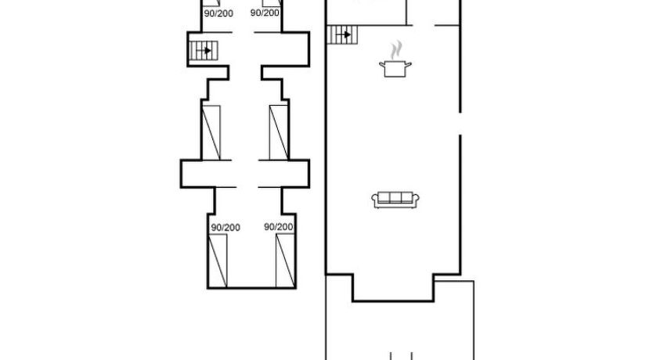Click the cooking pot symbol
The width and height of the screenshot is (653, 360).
pos(395,69)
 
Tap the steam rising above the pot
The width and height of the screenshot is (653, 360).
pos(397,50)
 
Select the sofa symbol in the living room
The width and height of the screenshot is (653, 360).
pos(395,200)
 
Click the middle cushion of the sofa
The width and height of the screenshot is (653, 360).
pos(395,198)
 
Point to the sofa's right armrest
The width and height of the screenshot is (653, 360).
pos(416,200)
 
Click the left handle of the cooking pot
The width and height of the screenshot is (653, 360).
pos(382,64)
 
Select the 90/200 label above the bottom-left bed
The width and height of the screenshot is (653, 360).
pos(225,228)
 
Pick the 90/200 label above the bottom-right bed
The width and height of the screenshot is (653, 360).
pos(278,227)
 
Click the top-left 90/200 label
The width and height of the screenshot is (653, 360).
pos(218,13)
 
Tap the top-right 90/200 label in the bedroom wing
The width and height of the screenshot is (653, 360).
pos(265,13)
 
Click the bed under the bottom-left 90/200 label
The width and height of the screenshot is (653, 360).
pos(218,261)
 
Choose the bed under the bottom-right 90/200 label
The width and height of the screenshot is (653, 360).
pos(285,261)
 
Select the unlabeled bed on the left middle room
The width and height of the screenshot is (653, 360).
pos(211,133)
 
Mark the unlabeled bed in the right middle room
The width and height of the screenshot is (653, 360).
pos(279,133)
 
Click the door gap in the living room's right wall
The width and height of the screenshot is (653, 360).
pos(460,124)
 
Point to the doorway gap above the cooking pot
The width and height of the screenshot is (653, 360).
pos(424,25)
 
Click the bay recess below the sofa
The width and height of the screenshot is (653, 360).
pos(393,287)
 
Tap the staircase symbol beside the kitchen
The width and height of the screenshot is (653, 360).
pos(342,34)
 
